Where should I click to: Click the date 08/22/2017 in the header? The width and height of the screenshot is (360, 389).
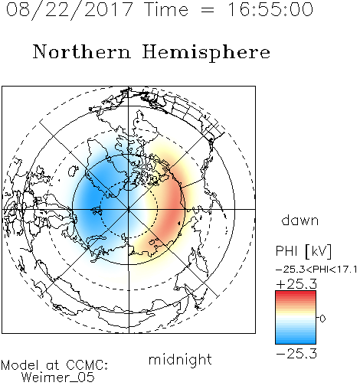(x=69, y=10)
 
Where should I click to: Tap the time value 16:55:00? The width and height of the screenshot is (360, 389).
(x=270, y=9)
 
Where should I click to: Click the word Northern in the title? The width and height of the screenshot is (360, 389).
(x=81, y=51)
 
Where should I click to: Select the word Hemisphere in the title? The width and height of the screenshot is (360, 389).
(x=206, y=53)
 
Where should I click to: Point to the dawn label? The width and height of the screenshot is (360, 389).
(x=300, y=220)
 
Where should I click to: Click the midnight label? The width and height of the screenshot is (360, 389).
(x=180, y=360)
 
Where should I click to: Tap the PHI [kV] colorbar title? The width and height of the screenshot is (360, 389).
(x=303, y=250)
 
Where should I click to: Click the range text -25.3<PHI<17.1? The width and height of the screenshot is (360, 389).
(x=316, y=270)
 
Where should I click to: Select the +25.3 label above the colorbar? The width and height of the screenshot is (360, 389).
(x=296, y=284)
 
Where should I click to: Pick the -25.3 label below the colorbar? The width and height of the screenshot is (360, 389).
(x=296, y=354)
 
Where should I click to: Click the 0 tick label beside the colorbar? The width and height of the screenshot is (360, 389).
(x=322, y=319)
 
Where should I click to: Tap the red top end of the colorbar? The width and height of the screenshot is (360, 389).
(x=296, y=293)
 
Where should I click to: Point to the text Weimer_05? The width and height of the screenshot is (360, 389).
(x=58, y=378)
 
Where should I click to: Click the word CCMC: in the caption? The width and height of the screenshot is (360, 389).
(x=87, y=365)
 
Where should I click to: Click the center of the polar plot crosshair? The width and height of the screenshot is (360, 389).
(x=129, y=209)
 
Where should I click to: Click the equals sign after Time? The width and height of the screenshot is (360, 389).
(x=207, y=10)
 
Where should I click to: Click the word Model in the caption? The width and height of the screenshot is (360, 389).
(x=21, y=365)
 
